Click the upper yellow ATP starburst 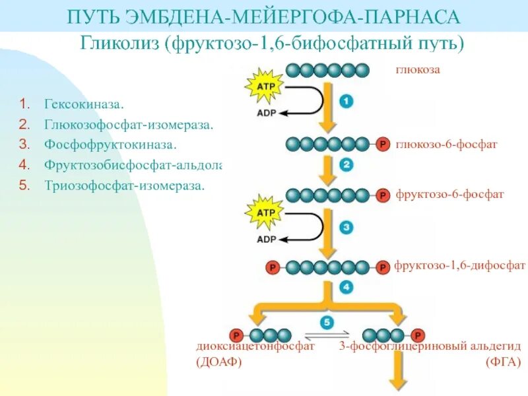pos(264,86)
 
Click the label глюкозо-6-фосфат pos(446,143)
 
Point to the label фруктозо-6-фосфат pos(449,195)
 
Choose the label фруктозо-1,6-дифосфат pos(460,265)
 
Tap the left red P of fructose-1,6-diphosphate pos(271,267)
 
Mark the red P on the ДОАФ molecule pos(235,335)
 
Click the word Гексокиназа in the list pos(84,104)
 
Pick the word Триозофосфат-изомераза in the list pos(125,185)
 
